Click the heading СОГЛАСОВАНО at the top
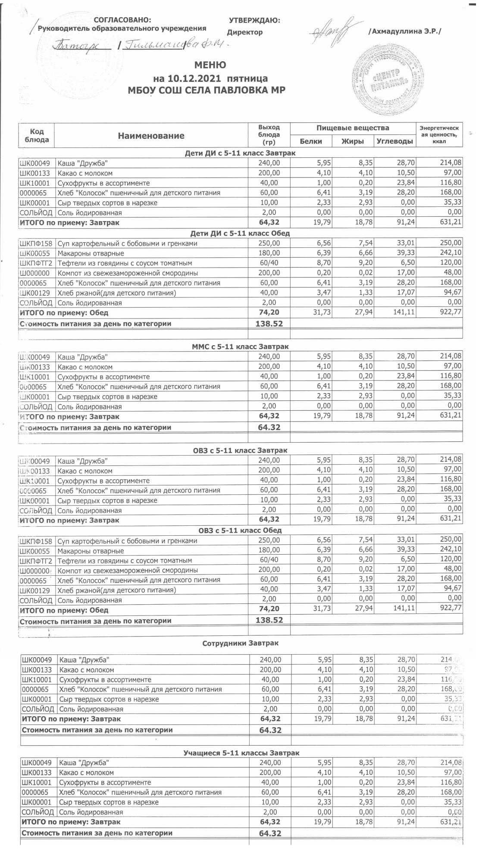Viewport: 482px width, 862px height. click(122, 20)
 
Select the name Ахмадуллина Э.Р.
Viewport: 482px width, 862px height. click(405, 31)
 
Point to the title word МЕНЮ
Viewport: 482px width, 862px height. click(210, 65)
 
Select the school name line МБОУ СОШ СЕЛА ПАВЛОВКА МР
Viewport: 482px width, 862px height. click(210, 90)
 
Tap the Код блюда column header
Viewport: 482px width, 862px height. click(37, 135)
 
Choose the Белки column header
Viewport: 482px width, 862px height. click(311, 141)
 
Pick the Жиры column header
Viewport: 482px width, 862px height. click(353, 141)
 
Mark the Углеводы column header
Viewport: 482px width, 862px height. click(394, 141)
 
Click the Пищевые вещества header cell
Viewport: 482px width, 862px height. click(353, 128)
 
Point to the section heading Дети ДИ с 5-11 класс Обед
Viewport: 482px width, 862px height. click(240, 233)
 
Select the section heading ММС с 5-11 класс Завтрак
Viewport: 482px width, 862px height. click(240, 347)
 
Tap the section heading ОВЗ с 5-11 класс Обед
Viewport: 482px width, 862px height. click(240, 531)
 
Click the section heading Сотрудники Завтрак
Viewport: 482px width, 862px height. click(240, 643)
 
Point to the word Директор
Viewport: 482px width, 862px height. click(244, 32)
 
